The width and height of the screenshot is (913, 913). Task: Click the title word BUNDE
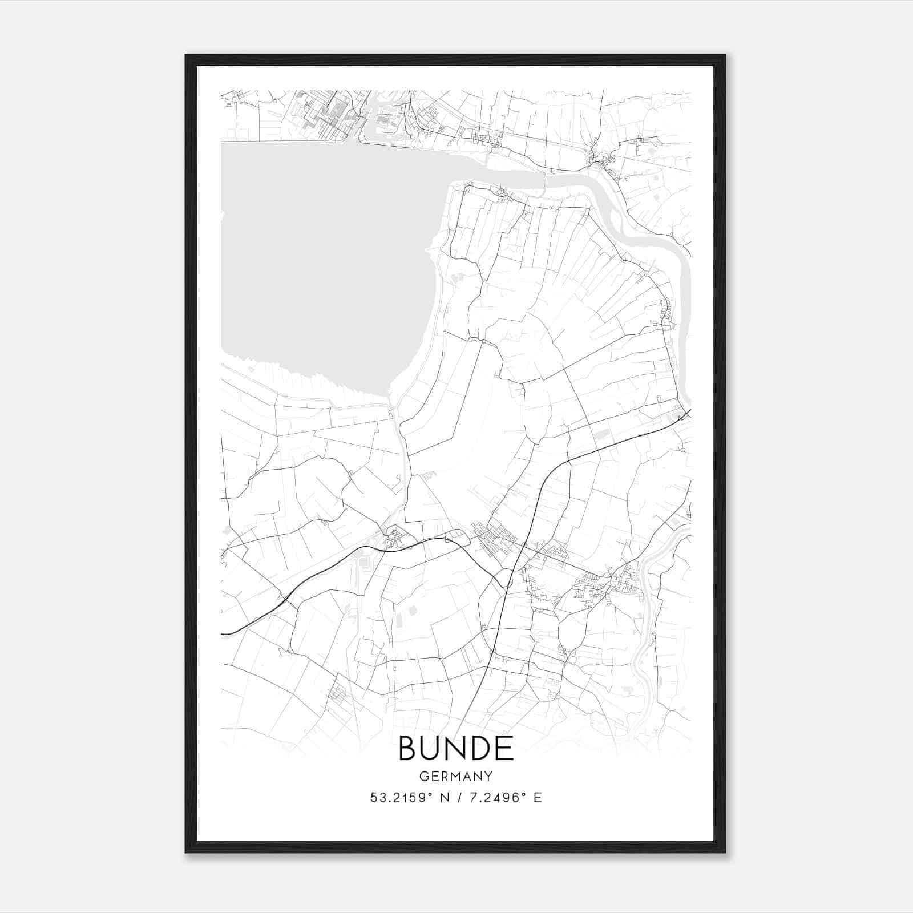456,748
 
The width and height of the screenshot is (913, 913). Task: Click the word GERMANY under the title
456,776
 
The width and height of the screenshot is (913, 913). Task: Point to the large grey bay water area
320,257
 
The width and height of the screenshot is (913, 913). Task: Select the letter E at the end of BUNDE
503,748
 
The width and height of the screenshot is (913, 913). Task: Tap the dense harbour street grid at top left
325,114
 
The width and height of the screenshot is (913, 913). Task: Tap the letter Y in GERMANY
488,776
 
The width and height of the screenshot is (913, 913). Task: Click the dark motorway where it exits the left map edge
224,633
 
